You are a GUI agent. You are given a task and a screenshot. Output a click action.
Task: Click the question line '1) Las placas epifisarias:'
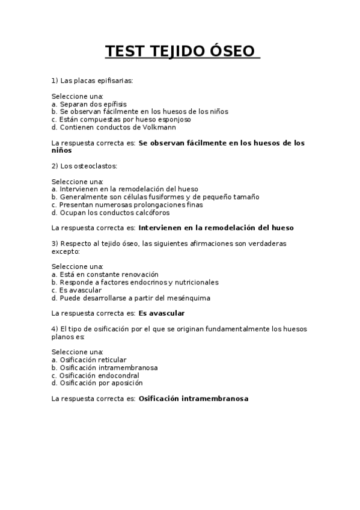[92, 80]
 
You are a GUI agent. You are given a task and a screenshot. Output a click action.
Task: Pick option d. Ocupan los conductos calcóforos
[111, 212]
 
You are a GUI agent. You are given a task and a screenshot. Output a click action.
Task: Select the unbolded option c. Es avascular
[76, 290]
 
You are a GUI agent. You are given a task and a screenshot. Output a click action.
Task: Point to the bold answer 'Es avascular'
[161, 313]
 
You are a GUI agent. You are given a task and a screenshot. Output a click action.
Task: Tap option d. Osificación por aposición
[97, 383]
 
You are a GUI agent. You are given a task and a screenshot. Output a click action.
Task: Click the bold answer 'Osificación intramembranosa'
[193, 398]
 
